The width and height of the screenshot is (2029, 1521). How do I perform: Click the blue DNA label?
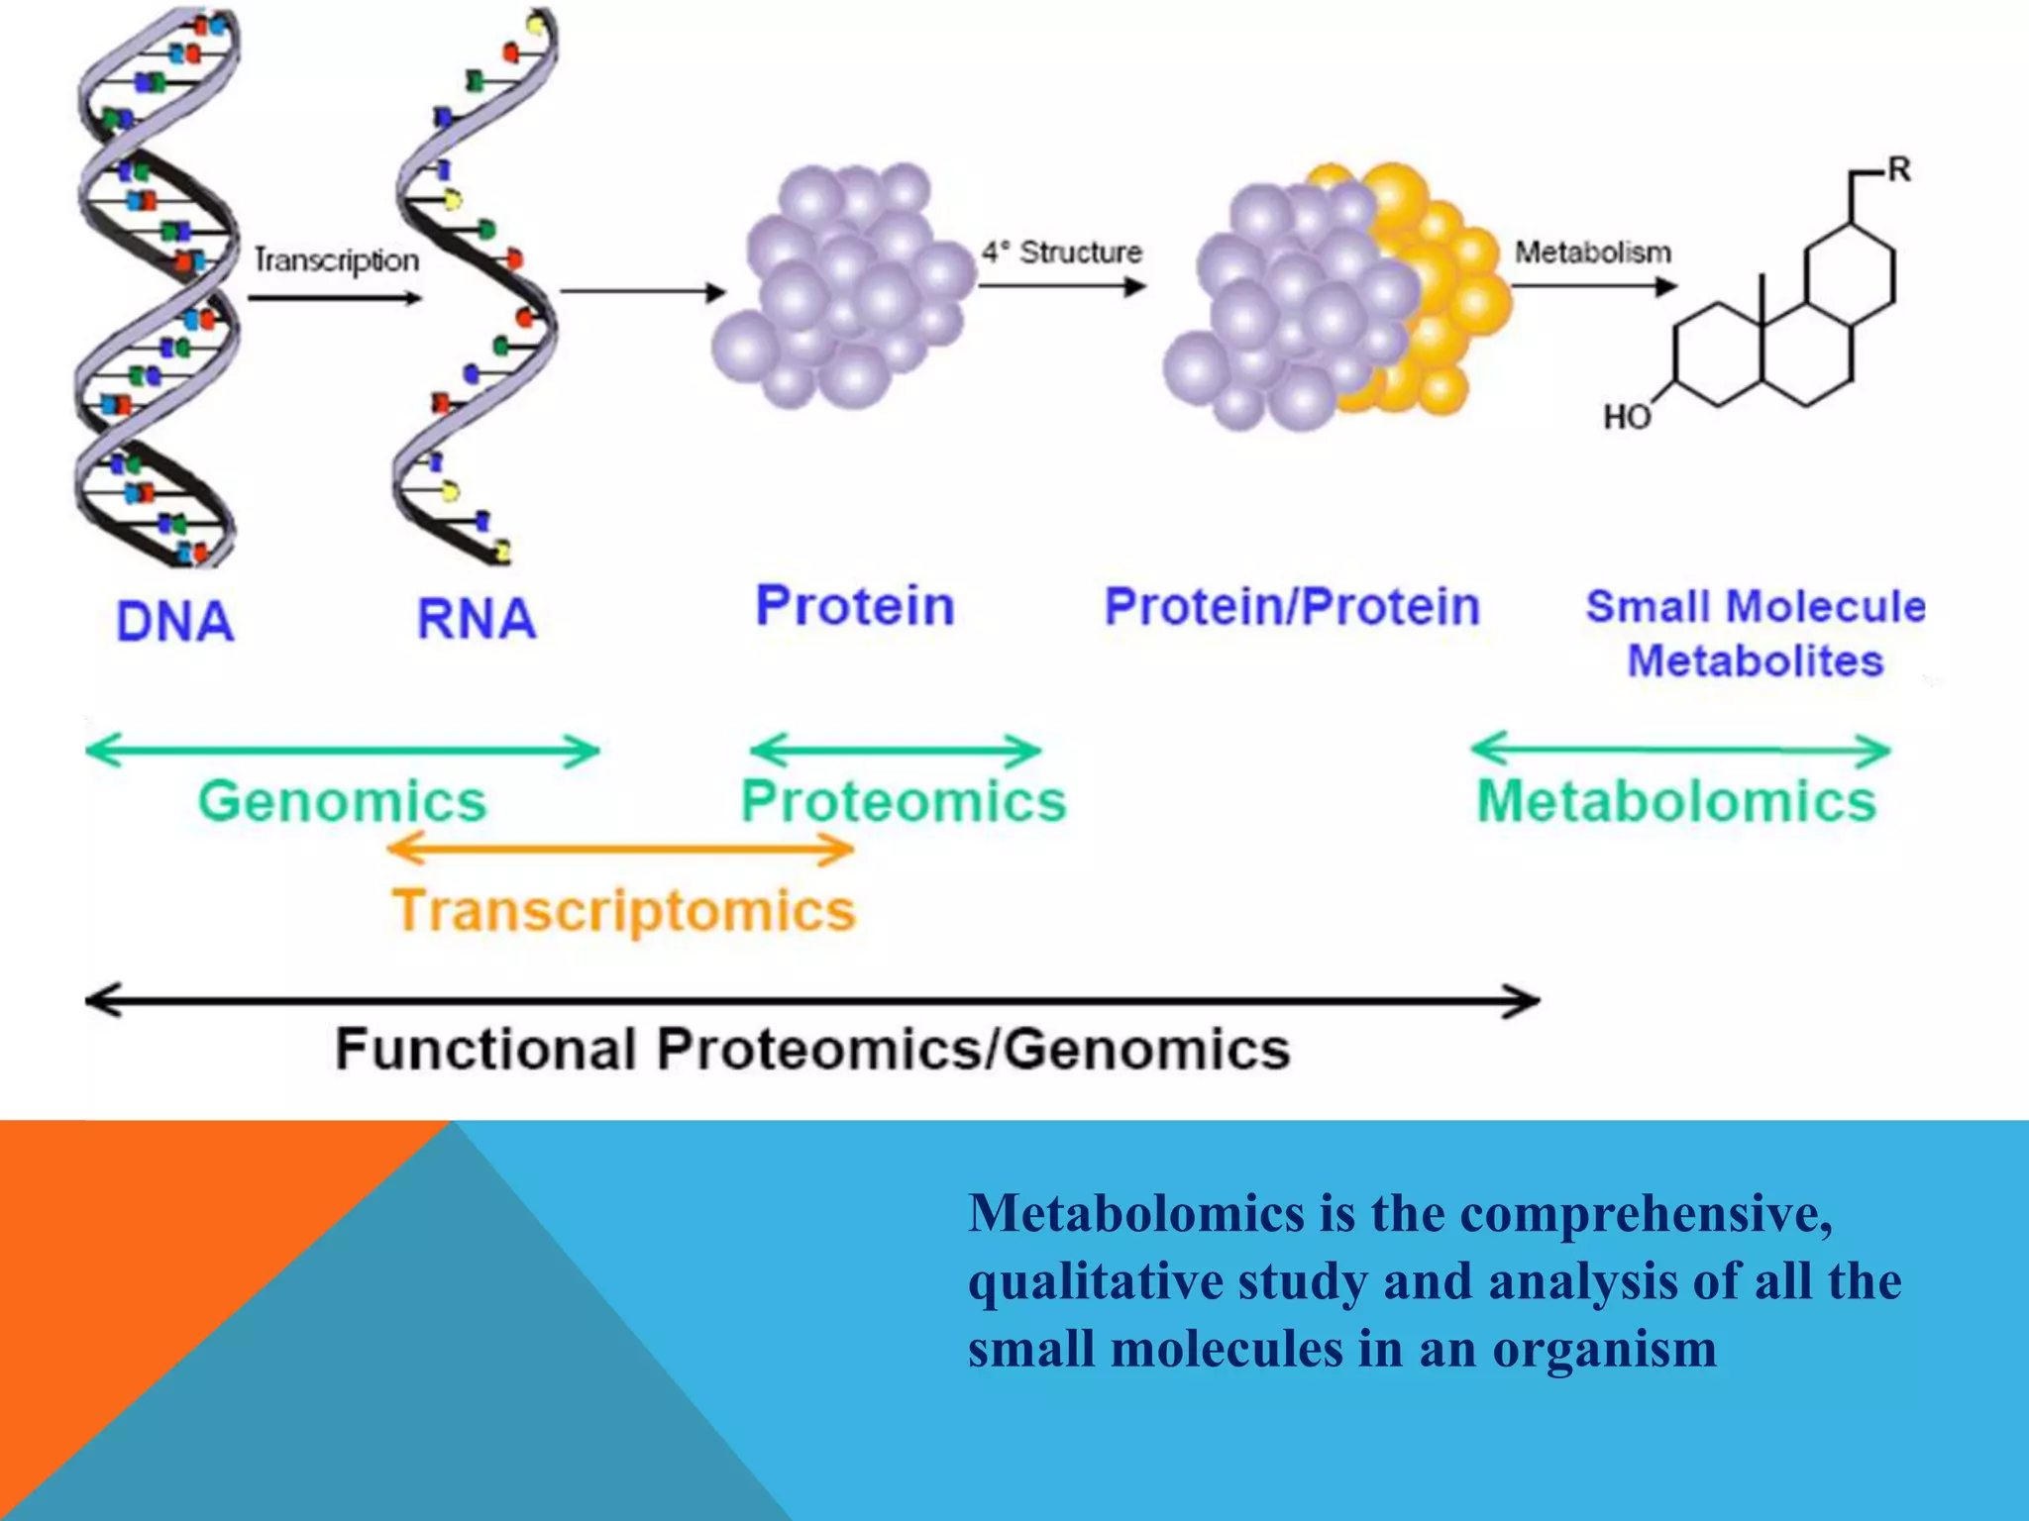point(174,622)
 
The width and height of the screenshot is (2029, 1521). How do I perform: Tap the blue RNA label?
point(476,619)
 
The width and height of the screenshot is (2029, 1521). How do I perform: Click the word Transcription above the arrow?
point(337,260)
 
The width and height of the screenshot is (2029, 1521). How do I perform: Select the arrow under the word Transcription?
point(335,298)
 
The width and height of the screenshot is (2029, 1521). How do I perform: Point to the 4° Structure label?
point(1061,253)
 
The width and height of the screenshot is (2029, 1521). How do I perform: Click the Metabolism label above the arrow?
point(1592,253)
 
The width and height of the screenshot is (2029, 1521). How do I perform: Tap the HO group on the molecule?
point(1626,417)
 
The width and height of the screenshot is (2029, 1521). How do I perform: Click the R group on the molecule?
point(1898,170)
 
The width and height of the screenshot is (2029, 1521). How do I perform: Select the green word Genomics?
point(342,800)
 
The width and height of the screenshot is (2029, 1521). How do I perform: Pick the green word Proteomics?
point(903,800)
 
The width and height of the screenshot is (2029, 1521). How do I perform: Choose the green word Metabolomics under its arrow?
point(1676,800)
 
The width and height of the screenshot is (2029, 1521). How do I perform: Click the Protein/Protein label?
point(1292,606)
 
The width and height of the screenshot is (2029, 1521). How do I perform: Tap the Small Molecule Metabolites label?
point(1755,634)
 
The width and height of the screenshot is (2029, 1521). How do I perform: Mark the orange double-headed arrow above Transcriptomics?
point(620,849)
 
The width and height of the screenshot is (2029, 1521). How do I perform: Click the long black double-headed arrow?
point(812,1000)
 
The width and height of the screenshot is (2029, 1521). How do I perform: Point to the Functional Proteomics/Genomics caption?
point(812,1049)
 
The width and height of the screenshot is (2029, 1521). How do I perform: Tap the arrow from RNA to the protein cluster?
point(643,291)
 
